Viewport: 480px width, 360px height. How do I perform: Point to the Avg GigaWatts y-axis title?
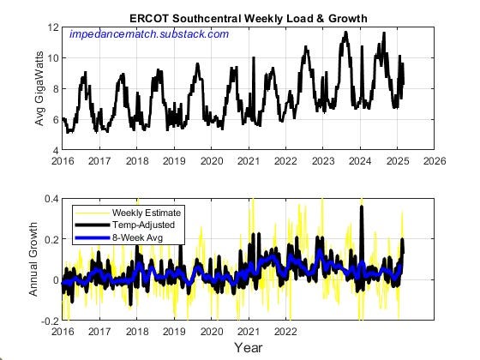39,88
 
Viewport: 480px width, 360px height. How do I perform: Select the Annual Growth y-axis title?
35,260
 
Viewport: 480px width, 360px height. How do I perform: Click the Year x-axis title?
249,347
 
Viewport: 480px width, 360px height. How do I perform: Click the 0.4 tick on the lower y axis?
51,200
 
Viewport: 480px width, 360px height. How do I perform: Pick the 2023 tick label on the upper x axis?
323,160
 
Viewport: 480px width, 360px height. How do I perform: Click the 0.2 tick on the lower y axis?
51,240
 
